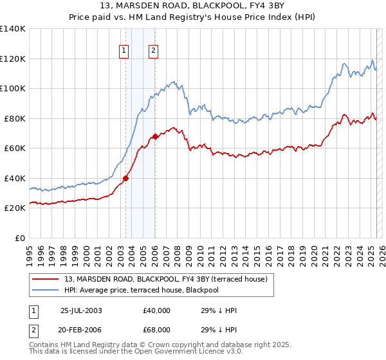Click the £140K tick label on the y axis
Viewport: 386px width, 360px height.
tap(13, 29)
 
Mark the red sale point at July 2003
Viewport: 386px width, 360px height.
tap(126, 179)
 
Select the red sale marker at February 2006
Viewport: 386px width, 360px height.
tap(155, 136)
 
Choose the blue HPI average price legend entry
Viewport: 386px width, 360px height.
tap(151, 290)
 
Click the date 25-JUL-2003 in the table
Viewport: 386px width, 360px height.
tap(81, 310)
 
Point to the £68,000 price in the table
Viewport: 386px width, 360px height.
tap(157, 329)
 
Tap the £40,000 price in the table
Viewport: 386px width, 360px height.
tap(157, 310)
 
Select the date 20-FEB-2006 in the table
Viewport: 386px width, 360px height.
tap(81, 329)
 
